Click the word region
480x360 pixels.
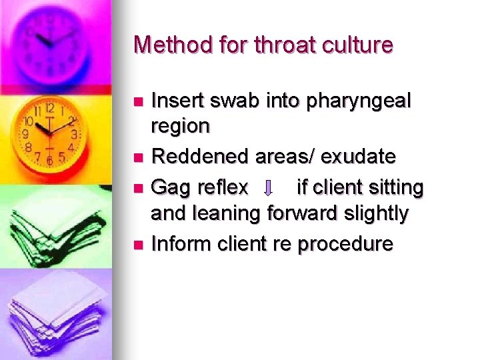[x=180, y=127]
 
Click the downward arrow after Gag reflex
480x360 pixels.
[x=268, y=189]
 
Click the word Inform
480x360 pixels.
[x=179, y=243]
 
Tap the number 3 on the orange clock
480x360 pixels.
[x=75, y=134]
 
